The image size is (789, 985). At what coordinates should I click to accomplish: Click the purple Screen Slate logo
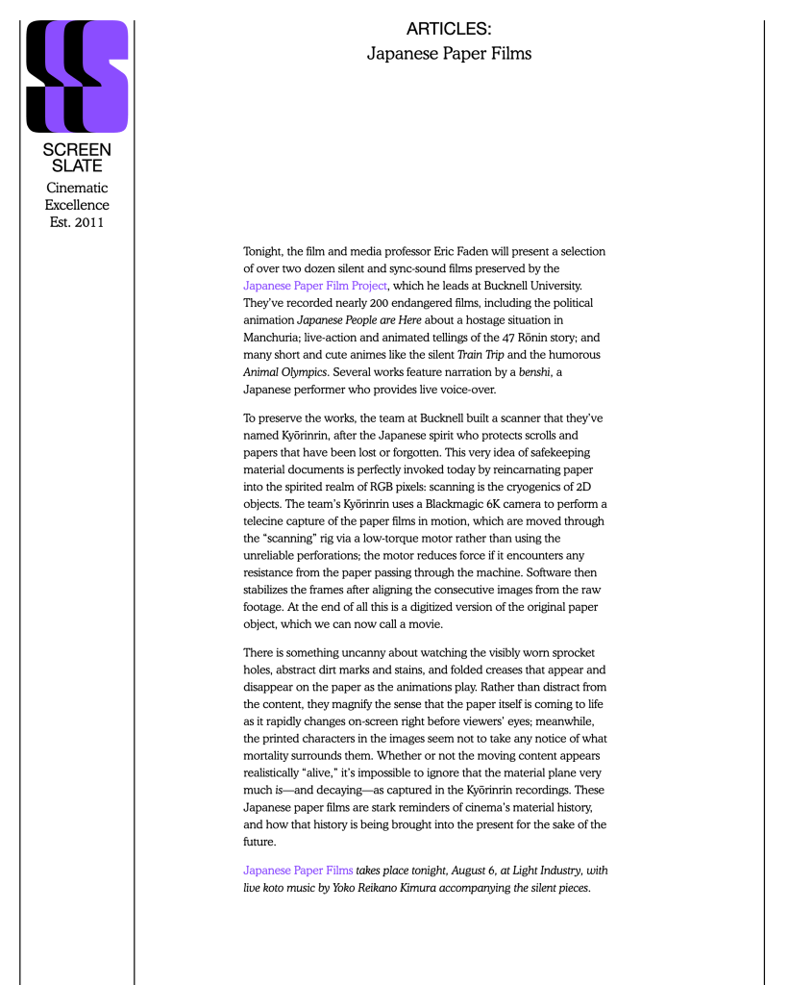[x=77, y=76]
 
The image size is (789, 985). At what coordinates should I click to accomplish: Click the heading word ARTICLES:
[x=449, y=30]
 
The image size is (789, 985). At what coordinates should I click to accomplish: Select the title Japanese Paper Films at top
[x=449, y=54]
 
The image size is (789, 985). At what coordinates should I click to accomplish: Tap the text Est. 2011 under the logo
[x=77, y=223]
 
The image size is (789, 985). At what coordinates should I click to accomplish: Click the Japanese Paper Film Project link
[x=315, y=286]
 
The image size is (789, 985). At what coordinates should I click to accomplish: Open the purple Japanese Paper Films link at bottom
[x=298, y=871]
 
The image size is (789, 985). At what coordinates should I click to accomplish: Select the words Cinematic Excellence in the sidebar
[x=77, y=196]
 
